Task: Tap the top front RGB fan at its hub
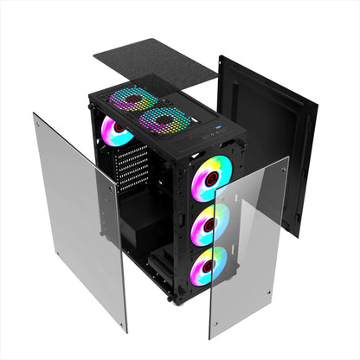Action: pos(209,172)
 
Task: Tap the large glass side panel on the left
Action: pos(78,216)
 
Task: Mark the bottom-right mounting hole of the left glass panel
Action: pos(121,322)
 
